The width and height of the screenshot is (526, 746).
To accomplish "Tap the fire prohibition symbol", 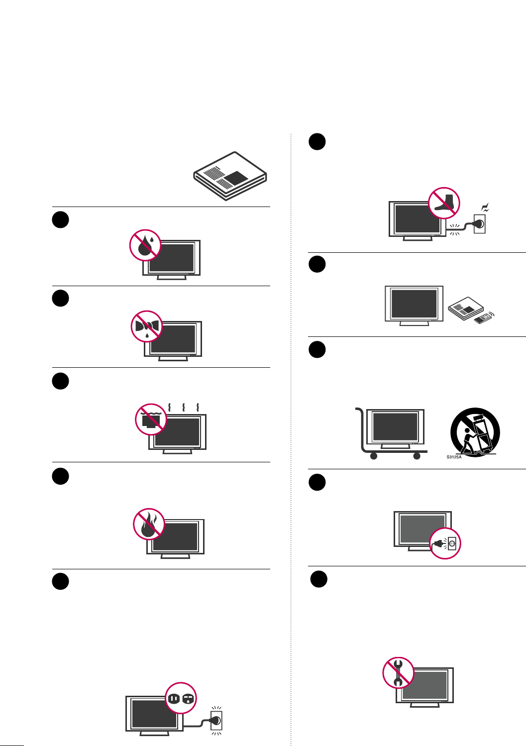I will [149, 524].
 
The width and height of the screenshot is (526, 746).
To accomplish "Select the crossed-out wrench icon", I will [398, 672].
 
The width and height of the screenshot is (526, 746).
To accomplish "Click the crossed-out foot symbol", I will [444, 203].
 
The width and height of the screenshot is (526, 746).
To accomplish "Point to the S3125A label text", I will [453, 457].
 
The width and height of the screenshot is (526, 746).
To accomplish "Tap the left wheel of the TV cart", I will [374, 456].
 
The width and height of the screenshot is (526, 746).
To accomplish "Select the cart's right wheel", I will [417, 456].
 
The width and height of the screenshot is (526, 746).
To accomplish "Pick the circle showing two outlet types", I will [181, 698].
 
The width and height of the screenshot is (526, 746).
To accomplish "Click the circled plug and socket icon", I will [445, 543].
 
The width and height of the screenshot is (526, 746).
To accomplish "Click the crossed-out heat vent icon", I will [151, 419].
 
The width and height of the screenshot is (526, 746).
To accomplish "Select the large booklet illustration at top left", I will [230, 176].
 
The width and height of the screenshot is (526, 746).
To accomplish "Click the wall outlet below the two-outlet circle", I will [216, 720].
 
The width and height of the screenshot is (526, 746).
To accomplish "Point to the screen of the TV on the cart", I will [395, 426].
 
